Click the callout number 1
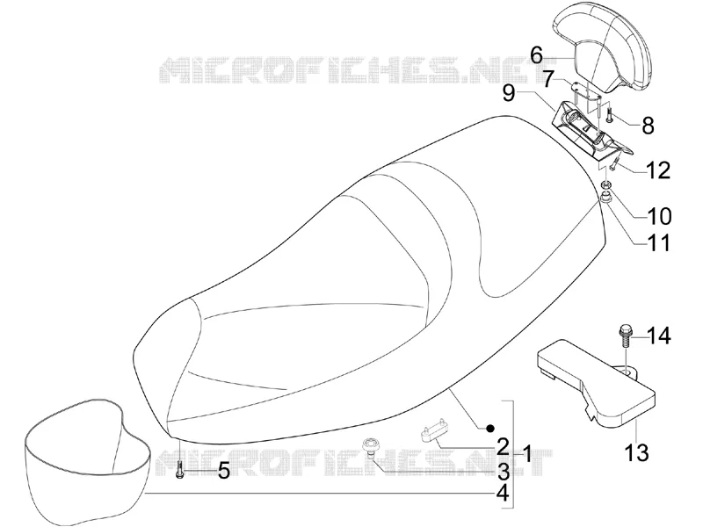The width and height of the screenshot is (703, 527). pyautogui.click(x=526, y=454)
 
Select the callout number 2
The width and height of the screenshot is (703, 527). pyautogui.click(x=503, y=446)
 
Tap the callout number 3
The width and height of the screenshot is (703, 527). pyautogui.click(x=503, y=471)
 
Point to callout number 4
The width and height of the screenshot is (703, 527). pyautogui.click(x=503, y=494)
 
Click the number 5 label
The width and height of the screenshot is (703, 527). pyautogui.click(x=224, y=471)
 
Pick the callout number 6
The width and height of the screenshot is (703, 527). pyautogui.click(x=536, y=56)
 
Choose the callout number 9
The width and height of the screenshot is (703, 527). pyautogui.click(x=508, y=94)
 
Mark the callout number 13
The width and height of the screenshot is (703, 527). pyautogui.click(x=637, y=452)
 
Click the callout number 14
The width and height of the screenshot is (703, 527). pyautogui.click(x=658, y=336)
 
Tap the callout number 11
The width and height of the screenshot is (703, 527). pyautogui.click(x=658, y=243)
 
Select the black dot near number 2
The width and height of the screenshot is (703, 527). pyautogui.click(x=490, y=428)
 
